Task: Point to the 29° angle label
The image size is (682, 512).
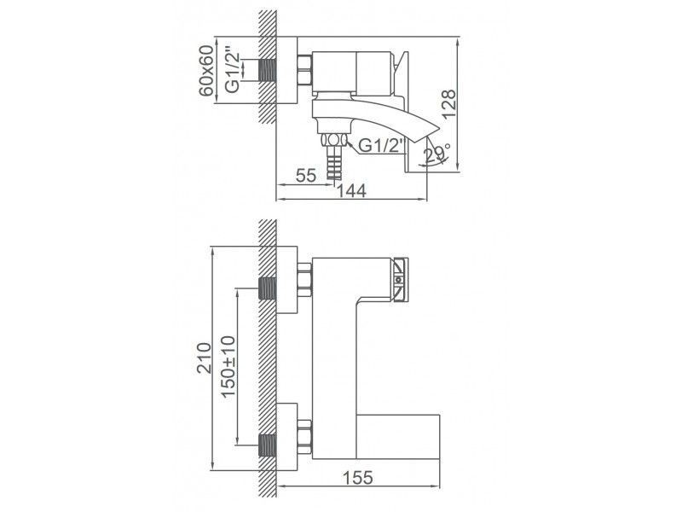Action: coord(436,154)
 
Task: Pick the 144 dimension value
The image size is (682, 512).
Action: coord(351,192)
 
